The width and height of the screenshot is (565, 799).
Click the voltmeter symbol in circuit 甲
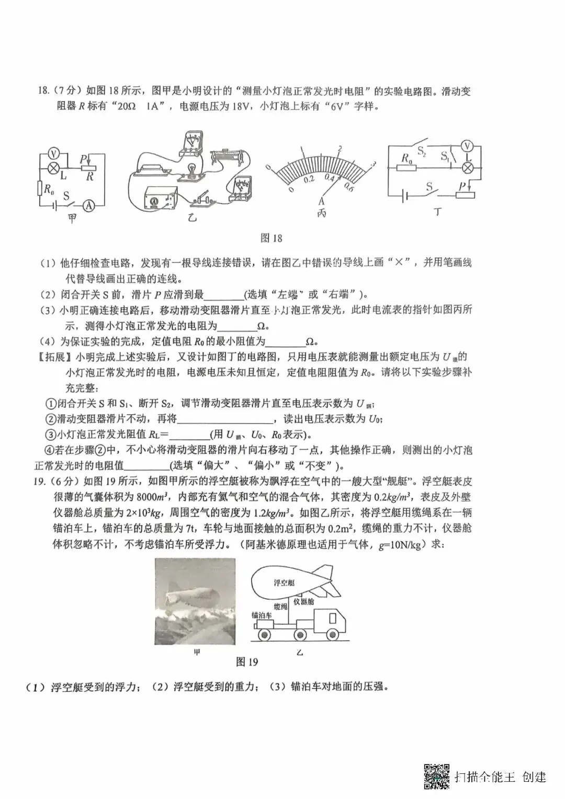coord(52,153)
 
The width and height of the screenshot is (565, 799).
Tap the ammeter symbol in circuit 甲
coord(89,206)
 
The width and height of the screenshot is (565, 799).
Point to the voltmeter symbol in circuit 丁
coord(469,145)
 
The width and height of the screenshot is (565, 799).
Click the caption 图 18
coord(271,238)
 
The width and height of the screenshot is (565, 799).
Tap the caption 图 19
coord(247,662)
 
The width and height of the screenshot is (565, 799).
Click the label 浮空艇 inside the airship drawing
coord(284,583)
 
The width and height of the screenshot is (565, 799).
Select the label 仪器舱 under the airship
coord(303,602)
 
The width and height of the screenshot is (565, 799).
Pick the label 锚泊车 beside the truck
coord(261,615)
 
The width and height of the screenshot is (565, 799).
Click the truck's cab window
coord(333,618)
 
